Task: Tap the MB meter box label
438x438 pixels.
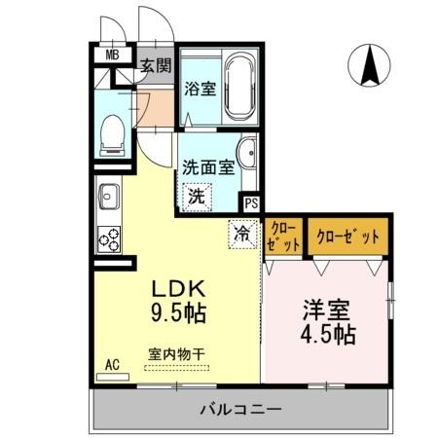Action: (113, 56)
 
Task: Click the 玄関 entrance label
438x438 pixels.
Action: (154, 66)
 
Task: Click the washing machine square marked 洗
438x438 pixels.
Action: (196, 195)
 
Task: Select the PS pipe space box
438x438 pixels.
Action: (251, 203)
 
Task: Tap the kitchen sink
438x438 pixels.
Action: (107, 199)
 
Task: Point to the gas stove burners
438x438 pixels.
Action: (107, 237)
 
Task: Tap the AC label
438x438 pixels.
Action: (113, 364)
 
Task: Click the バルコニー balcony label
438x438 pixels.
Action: (241, 408)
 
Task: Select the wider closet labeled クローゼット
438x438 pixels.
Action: (348, 234)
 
